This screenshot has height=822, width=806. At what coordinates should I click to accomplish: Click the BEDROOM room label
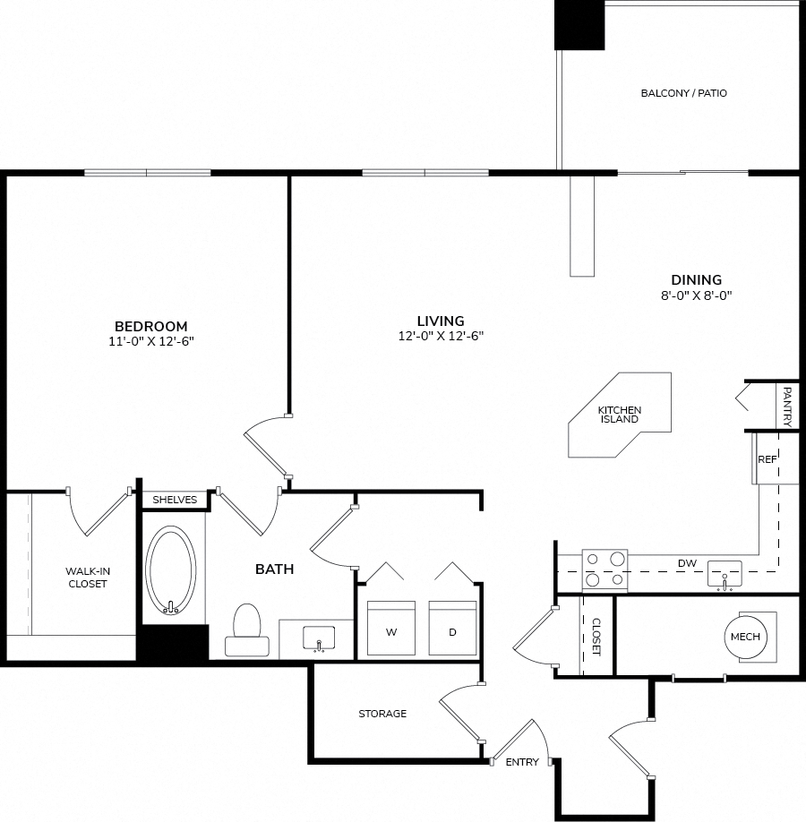[x=151, y=326]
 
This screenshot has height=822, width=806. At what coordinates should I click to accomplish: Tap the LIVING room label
[x=441, y=321]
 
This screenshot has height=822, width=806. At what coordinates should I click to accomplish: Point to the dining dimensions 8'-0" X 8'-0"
[x=696, y=295]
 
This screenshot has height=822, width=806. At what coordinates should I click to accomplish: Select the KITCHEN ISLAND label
[x=620, y=415]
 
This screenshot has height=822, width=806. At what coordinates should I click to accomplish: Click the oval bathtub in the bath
[x=170, y=569]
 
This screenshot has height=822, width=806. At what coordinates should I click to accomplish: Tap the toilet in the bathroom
[x=247, y=629]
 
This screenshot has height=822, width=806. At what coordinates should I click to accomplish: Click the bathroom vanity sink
[x=319, y=638]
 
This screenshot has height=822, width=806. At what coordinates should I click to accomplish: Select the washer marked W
[x=391, y=628]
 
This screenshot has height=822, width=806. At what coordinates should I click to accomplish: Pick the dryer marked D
[x=452, y=628]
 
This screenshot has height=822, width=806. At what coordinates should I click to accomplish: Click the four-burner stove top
[x=605, y=569]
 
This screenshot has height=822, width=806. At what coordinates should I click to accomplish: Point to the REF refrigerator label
[x=767, y=459]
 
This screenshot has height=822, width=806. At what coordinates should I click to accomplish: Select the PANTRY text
[x=786, y=407]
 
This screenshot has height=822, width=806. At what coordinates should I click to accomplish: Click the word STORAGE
[x=382, y=714]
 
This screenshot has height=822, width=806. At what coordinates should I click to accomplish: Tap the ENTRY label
[x=522, y=762]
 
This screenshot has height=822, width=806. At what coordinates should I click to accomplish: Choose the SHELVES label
[x=175, y=500]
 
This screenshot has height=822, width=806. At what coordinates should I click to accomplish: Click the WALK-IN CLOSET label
[x=88, y=578]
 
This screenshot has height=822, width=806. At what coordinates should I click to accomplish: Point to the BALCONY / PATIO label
[x=684, y=93]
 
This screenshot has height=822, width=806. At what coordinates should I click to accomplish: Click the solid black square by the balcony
[x=580, y=25]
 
